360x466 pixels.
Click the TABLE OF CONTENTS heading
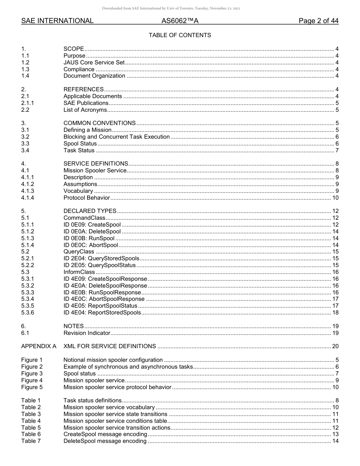pos(180,35)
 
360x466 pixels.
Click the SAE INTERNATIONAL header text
pos(57,21)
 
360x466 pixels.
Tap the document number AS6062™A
pos(180,21)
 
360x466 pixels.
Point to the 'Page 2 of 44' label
pos(318,21)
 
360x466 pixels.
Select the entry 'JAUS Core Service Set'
pos(94,63)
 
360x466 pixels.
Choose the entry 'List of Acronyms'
pos(85,110)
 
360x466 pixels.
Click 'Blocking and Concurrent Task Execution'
pos(116,137)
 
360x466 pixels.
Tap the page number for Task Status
pos(337,150)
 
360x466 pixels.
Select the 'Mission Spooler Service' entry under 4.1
pos(95,170)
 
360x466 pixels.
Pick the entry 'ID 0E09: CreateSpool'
pos(92,225)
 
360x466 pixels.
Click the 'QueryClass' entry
pos(79,252)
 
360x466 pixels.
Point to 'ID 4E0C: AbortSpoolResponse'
pos(104,299)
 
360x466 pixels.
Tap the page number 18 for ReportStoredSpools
pos(335,313)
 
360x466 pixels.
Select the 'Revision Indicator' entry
pos(87,333)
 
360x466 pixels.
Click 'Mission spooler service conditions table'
pos(115,421)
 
